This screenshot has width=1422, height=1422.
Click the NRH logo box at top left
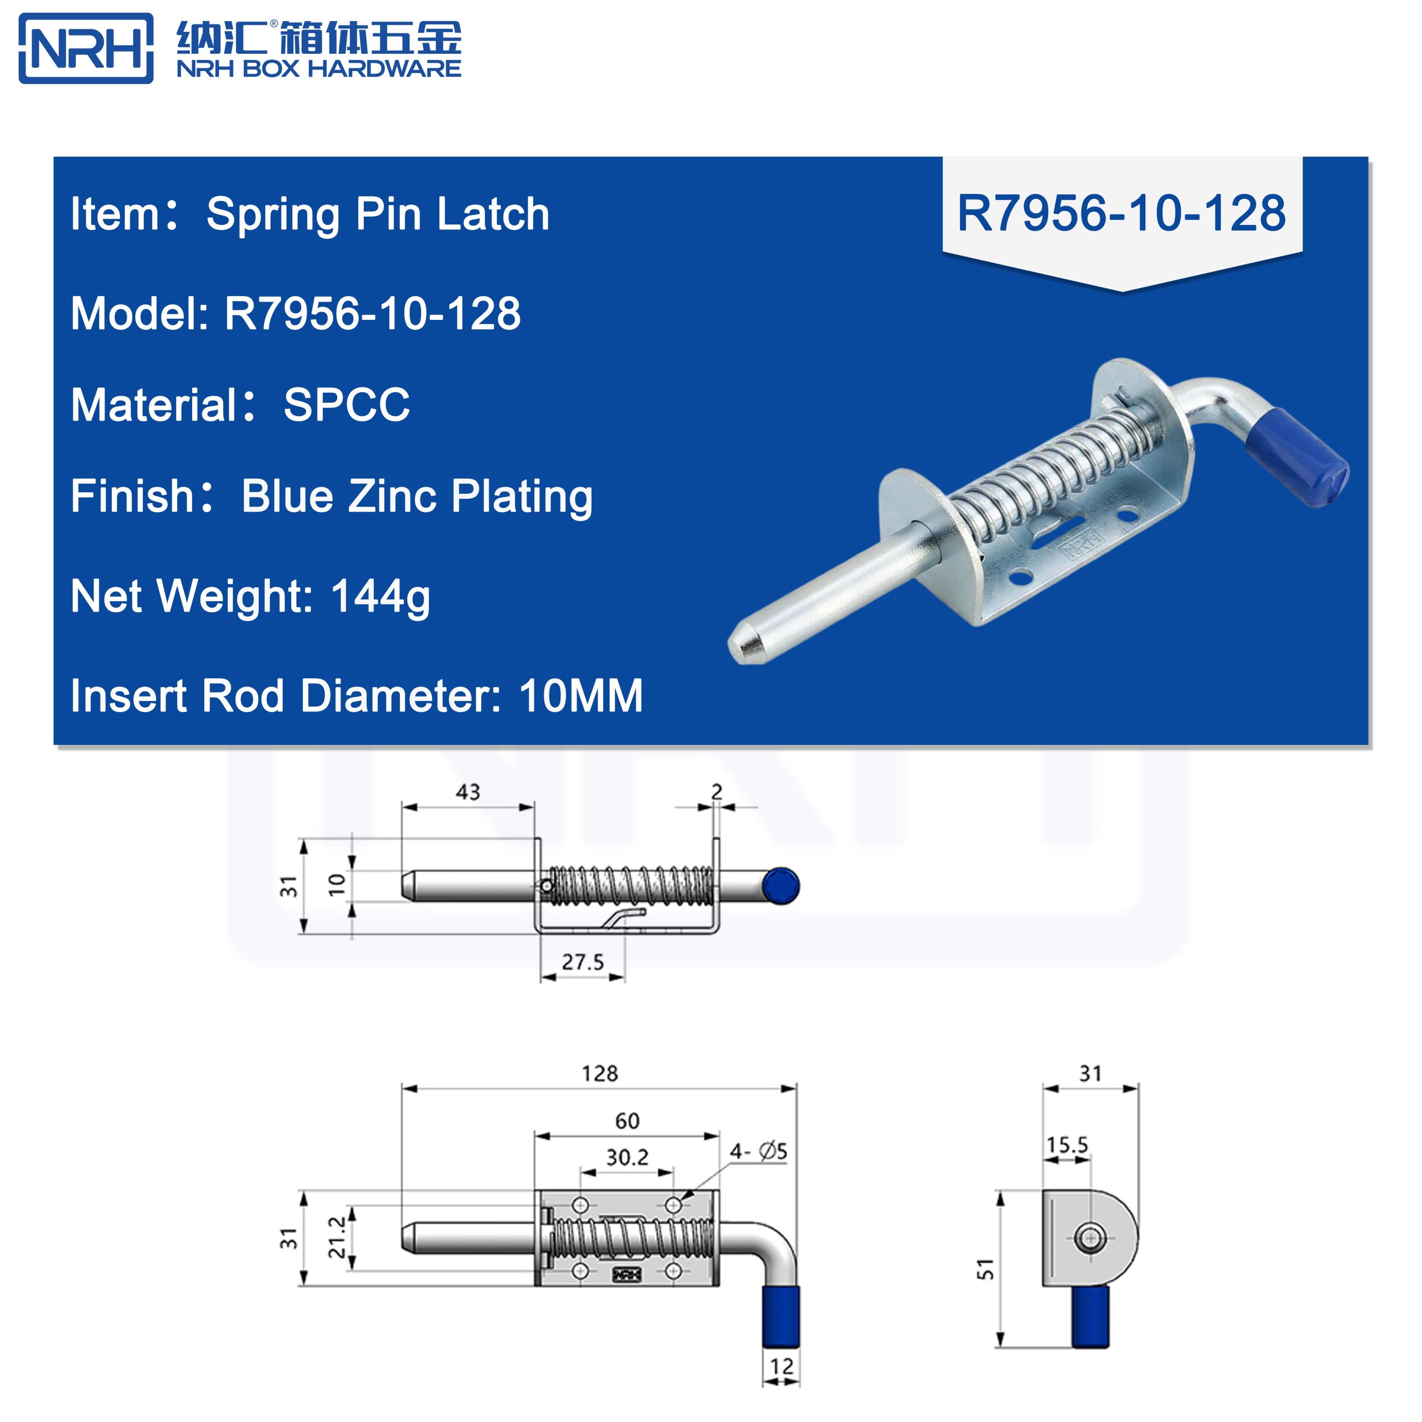pos(86,48)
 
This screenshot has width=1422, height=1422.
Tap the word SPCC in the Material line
pos(347,405)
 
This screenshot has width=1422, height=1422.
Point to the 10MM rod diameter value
pos(580,695)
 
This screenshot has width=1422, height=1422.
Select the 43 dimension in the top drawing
pos(467,792)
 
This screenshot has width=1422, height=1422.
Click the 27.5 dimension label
pos(582,962)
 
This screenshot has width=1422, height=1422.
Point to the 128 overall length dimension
pos(599,1073)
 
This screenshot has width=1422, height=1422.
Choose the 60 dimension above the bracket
pos(627,1121)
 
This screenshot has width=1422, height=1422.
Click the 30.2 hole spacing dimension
pos(627,1158)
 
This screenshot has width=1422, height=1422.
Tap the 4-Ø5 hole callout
pos(758,1151)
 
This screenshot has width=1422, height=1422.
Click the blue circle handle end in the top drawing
pos(780,885)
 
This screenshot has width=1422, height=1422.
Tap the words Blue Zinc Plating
pos(417,496)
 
